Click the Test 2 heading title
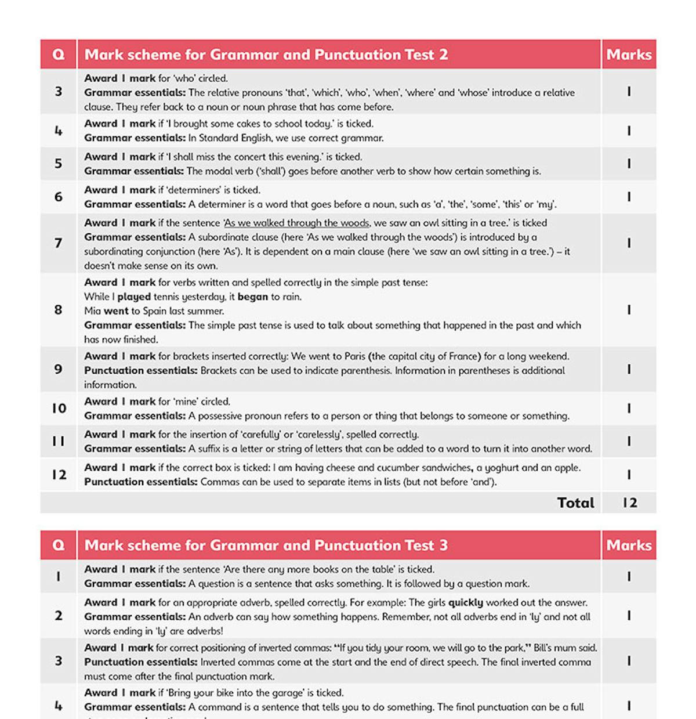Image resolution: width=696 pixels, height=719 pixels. pyautogui.click(x=266, y=55)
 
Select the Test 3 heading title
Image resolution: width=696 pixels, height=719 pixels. pyautogui.click(x=266, y=545)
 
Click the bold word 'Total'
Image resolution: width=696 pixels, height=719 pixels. pyautogui.click(x=575, y=503)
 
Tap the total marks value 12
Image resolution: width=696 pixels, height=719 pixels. pyautogui.click(x=629, y=503)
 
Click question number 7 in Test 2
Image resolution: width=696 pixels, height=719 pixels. pyautogui.click(x=58, y=243)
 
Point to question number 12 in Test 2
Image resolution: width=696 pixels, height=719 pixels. pyautogui.click(x=59, y=475)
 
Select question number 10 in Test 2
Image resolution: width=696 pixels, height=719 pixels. pyautogui.click(x=59, y=409)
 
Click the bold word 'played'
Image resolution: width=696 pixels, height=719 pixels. pyautogui.click(x=134, y=297)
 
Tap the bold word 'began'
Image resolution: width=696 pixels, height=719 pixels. pyautogui.click(x=253, y=297)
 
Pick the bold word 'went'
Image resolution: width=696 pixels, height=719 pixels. pyautogui.click(x=116, y=311)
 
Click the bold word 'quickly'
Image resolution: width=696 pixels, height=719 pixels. pyautogui.click(x=466, y=602)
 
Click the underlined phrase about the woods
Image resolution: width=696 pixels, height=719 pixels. pyautogui.click(x=297, y=223)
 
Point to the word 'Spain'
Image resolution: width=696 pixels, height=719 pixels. pyautogui.click(x=154, y=311)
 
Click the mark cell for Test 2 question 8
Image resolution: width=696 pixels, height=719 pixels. pyautogui.click(x=629, y=310)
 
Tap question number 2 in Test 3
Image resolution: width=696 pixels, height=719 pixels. pyautogui.click(x=58, y=616)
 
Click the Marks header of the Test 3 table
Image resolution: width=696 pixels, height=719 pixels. pyautogui.click(x=629, y=545)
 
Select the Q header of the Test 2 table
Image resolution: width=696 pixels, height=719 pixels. pyautogui.click(x=59, y=55)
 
